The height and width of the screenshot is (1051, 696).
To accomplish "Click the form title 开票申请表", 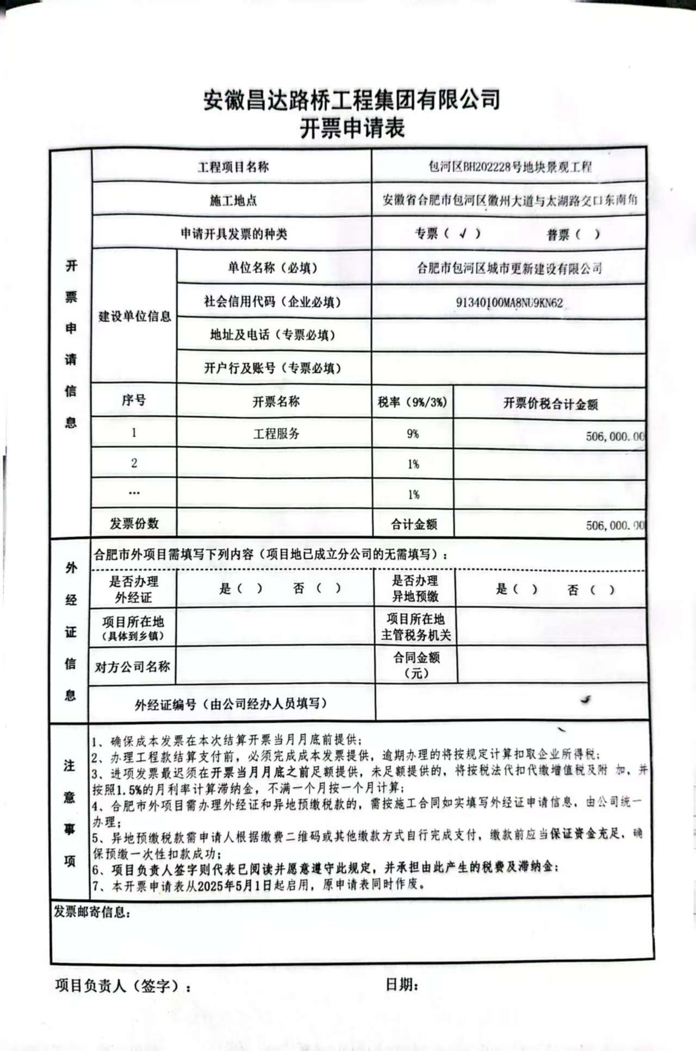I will point(352,129).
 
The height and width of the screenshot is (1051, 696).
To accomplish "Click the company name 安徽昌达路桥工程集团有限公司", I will point(352,99).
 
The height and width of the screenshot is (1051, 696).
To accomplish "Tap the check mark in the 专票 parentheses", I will point(463,234).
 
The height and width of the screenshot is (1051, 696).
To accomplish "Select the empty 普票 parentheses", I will point(588,235).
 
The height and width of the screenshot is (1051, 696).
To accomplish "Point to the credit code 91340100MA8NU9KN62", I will point(509,303).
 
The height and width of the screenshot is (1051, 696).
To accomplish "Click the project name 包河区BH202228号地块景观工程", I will point(509,167).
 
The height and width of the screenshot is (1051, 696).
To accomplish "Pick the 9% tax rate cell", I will point(413,434).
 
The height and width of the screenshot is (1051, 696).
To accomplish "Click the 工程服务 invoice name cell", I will point(276,434).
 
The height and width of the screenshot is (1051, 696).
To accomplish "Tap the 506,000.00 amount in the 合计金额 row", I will point(615,525).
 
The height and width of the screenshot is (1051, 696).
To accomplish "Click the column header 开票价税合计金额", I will point(550,403).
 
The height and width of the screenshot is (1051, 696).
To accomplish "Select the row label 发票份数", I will point(134,523).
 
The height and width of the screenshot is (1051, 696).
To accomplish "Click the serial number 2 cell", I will point(134,463).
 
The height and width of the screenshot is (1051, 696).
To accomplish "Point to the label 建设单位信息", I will point(134,316).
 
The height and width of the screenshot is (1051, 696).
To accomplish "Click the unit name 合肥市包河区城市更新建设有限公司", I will point(509,268).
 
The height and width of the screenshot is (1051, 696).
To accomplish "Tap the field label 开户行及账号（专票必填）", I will point(273,368).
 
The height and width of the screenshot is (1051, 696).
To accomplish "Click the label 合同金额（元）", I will point(417,665).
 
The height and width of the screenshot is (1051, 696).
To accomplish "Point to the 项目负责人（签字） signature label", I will point(123,985).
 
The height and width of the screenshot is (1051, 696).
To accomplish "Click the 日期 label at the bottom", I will point(401,984).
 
